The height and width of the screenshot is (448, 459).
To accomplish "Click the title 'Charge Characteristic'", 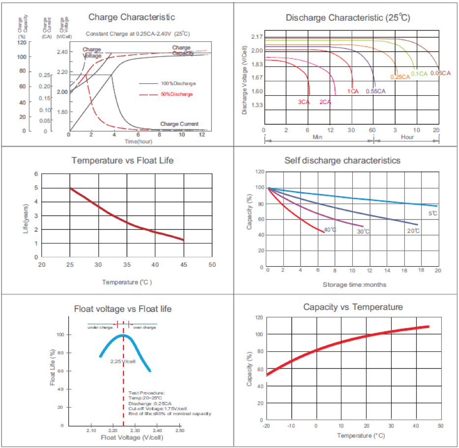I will click(x=131, y=17).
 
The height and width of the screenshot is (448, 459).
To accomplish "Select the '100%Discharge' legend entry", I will click(x=178, y=84).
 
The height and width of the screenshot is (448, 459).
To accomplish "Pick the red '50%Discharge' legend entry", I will click(x=177, y=94).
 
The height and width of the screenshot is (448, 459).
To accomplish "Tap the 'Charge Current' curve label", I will click(x=179, y=124).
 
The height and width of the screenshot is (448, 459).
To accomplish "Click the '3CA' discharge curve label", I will click(x=304, y=102).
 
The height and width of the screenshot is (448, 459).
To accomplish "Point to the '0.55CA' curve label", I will click(x=375, y=91).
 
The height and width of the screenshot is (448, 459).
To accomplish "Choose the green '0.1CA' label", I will click(x=419, y=74).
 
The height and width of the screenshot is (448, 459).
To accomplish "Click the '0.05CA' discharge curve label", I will click(x=440, y=73).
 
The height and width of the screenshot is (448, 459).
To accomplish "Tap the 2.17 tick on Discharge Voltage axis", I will click(x=257, y=37).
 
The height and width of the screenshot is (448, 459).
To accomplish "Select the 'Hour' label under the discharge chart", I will click(x=407, y=137).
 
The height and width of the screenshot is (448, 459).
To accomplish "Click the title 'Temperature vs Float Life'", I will click(x=122, y=160).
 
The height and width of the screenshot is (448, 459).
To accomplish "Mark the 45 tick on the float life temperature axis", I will click(x=184, y=265).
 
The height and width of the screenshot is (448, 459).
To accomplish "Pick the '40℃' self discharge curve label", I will click(x=330, y=230).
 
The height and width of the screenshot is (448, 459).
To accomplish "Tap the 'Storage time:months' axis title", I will click(x=354, y=284).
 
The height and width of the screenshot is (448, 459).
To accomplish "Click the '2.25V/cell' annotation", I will click(x=122, y=361).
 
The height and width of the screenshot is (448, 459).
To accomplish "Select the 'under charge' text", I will click(x=100, y=327).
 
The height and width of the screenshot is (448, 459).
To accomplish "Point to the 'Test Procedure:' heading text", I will click(x=147, y=393).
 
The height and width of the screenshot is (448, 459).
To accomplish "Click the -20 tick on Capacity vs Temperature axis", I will click(x=266, y=426).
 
